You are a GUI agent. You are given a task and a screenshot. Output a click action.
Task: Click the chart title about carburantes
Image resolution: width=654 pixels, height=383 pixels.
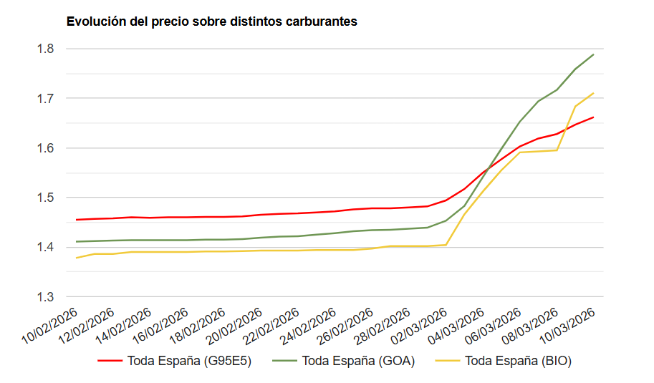(211, 21)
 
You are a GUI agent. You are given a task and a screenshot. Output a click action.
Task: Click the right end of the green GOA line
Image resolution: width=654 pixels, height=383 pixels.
(594, 54)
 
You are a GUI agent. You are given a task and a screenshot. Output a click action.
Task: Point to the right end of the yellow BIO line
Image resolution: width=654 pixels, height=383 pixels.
(594, 93)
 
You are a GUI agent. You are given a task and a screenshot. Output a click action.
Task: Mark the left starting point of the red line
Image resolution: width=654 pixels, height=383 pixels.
(77, 220)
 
